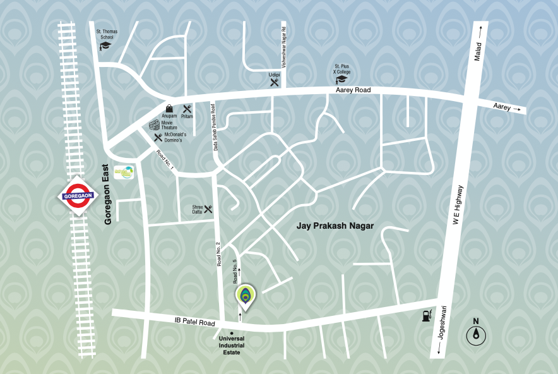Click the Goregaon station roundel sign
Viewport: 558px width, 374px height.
[x=78, y=196]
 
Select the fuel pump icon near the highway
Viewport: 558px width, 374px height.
[x=427, y=315]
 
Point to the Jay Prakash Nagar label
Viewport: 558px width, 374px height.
[x=335, y=226]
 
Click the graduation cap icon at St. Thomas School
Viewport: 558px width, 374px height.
[x=105, y=46]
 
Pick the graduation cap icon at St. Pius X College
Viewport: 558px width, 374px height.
[x=341, y=80]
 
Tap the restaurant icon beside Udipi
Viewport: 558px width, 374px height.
[x=274, y=81]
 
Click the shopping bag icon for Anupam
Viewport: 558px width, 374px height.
[x=169, y=109]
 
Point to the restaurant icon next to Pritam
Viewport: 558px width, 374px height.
[x=187, y=109]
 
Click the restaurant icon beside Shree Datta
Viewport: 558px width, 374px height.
[x=208, y=208]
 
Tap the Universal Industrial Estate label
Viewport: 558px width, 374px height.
[x=232, y=345]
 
